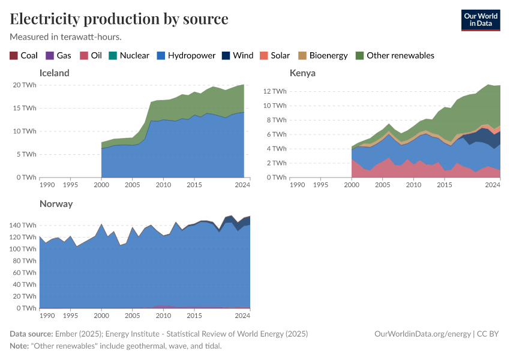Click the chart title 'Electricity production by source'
pyautogui.click(x=119, y=19)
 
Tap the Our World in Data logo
pyautogui.click(x=480, y=19)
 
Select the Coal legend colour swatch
pyautogui.click(x=14, y=55)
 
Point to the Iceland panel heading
pyautogui.click(x=54, y=73)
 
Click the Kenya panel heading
pyautogui.click(x=302, y=73)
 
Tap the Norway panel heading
pyautogui.click(x=56, y=203)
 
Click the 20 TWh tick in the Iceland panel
pyautogui.click(x=25, y=85)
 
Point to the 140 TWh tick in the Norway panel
pyautogui.click(x=23, y=225)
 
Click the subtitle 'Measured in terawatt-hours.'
pyautogui.click(x=66, y=37)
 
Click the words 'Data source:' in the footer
pyautogui.click(x=31, y=334)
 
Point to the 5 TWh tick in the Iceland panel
pyautogui.click(x=27, y=154)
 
